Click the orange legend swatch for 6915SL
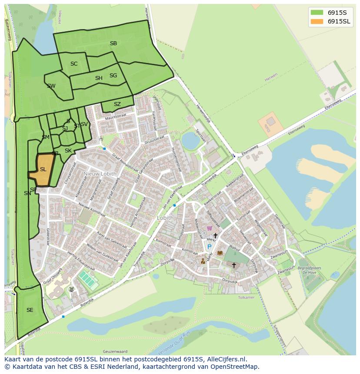click(317, 21)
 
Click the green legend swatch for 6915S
click(317, 12)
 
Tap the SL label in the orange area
click(43, 169)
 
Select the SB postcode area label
click(113, 43)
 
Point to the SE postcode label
click(30, 310)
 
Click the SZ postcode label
click(117, 104)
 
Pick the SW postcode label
click(51, 86)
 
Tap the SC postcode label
click(74, 64)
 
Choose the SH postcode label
click(99, 78)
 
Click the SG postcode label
click(113, 76)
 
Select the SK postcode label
click(68, 151)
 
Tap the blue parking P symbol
click(209, 247)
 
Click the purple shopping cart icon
click(209, 228)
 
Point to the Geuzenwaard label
click(114, 351)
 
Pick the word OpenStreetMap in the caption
click(237, 367)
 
